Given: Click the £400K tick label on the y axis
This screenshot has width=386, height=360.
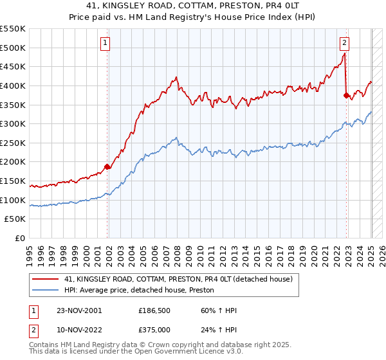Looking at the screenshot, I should (x=12, y=85).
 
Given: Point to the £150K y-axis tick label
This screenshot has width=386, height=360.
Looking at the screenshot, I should (x=12, y=181).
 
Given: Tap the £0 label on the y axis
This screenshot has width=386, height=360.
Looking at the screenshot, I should (x=20, y=238).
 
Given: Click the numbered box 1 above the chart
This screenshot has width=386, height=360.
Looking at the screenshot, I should (x=104, y=44).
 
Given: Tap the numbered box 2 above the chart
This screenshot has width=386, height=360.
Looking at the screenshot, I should (x=344, y=44).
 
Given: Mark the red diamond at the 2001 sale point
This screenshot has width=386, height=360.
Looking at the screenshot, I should (x=107, y=167).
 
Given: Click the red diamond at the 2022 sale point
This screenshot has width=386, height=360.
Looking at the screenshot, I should (x=347, y=95).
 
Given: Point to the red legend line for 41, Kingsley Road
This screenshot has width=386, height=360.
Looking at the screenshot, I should (x=46, y=279).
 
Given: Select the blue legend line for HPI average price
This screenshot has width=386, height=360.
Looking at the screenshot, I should (x=46, y=290).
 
